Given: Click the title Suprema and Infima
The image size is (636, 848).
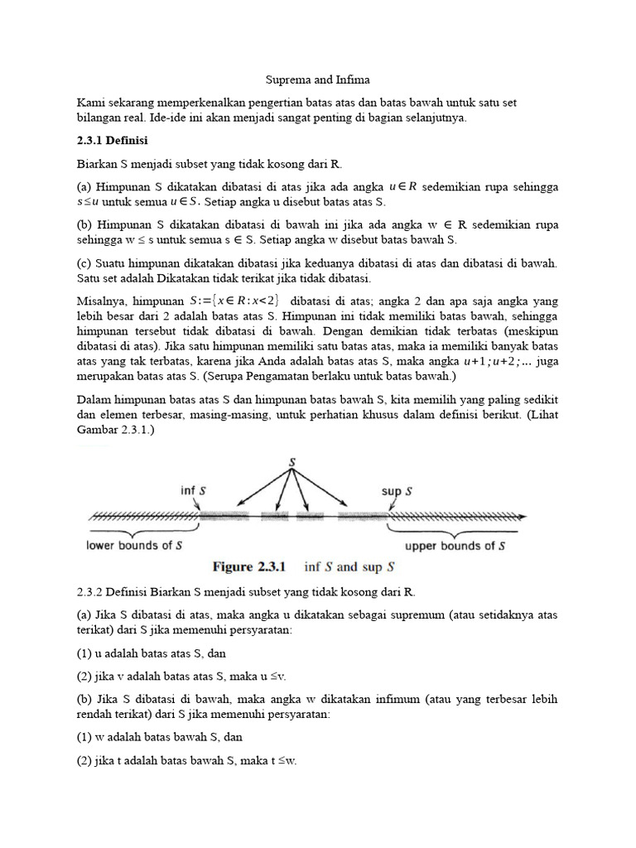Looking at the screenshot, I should (318, 79).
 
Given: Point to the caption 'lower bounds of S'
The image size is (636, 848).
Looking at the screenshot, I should (135, 546).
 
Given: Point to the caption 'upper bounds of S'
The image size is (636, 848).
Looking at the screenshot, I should (455, 546).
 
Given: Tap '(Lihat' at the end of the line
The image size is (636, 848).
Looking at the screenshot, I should (539, 416).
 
